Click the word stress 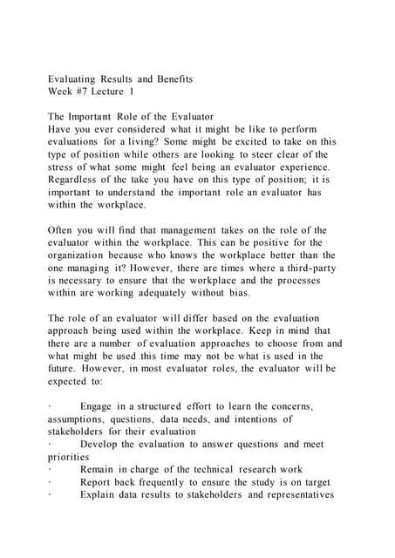coord(66,167)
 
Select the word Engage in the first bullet coord(99,406)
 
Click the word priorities coord(77,456)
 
